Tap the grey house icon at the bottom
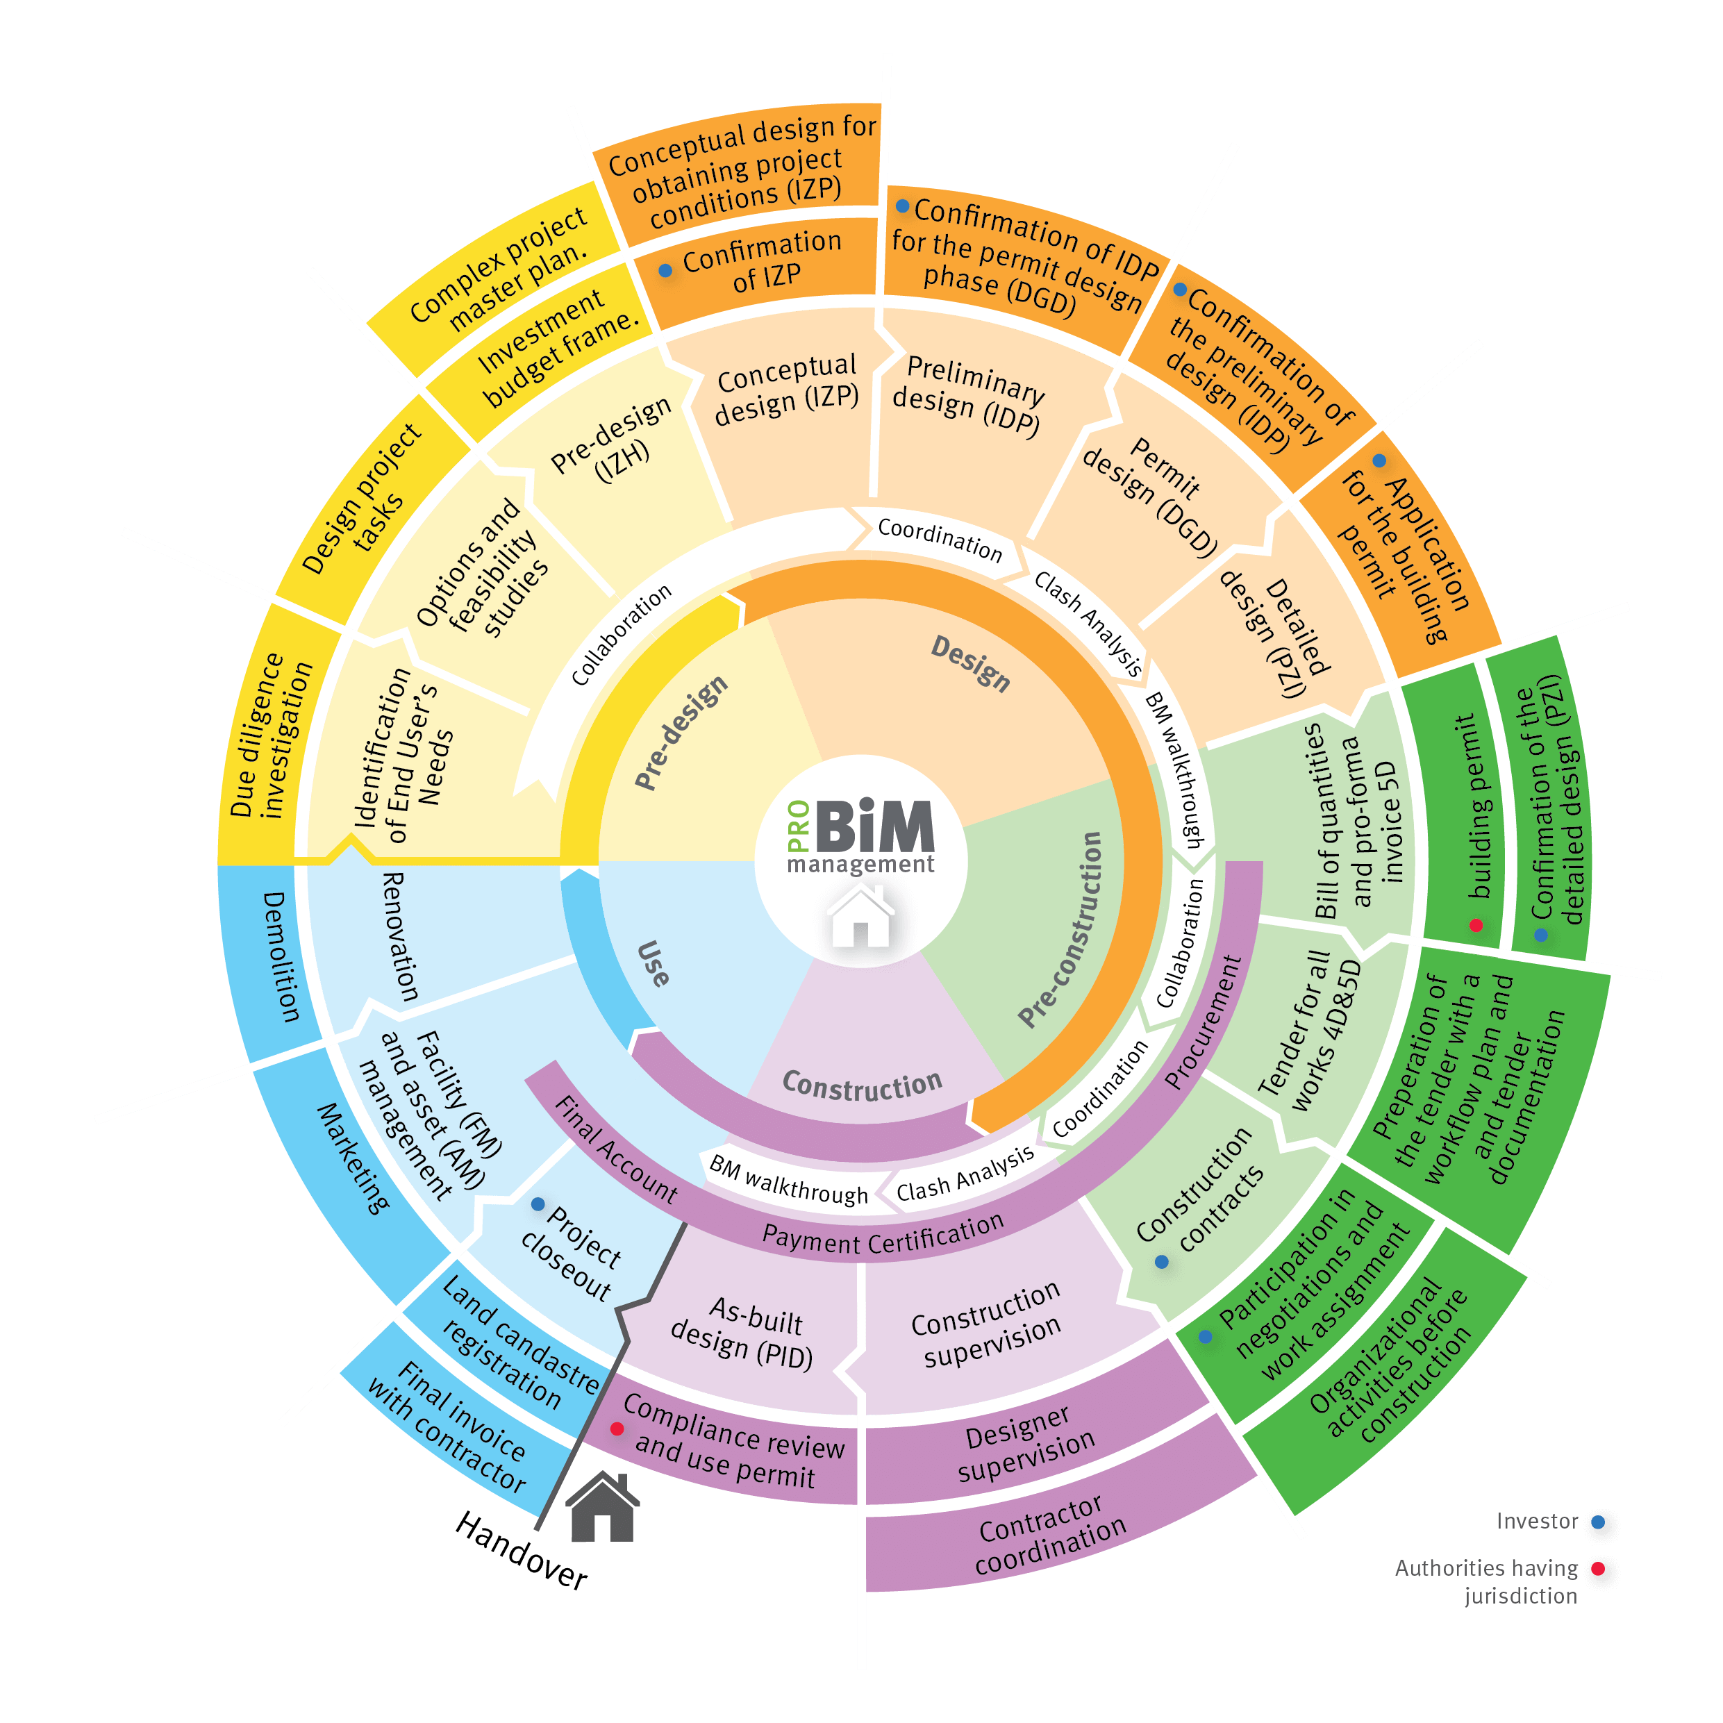[x=603, y=1508]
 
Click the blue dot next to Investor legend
[x=1599, y=1522]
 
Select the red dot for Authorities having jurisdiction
[x=1599, y=1569]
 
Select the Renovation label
[x=399, y=936]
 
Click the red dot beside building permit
[x=1476, y=925]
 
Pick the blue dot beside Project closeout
[x=538, y=1205]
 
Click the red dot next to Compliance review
[x=616, y=1429]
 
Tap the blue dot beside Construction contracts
[x=1161, y=1262]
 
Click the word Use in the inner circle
[x=654, y=963]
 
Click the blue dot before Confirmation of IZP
[x=665, y=270]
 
